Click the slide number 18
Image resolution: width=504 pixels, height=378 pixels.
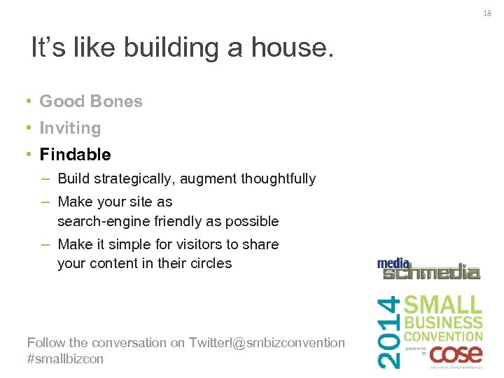pos(488,12)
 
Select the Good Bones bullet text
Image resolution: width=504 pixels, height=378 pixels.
pos(91,101)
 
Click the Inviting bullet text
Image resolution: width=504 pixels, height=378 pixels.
pos(70,128)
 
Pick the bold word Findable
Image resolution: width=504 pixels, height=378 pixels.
pos(75,154)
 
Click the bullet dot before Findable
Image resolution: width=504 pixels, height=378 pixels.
pos(26,154)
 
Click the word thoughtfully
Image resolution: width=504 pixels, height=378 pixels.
pos(278,179)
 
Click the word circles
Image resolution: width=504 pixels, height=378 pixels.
pos(211,263)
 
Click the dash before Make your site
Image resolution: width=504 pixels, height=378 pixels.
pos(44,202)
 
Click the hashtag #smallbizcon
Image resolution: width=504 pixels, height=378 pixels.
pos(65,358)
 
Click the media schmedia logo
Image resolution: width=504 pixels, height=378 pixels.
pos(428,269)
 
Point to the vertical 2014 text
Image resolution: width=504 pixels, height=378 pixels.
pos(391,331)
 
